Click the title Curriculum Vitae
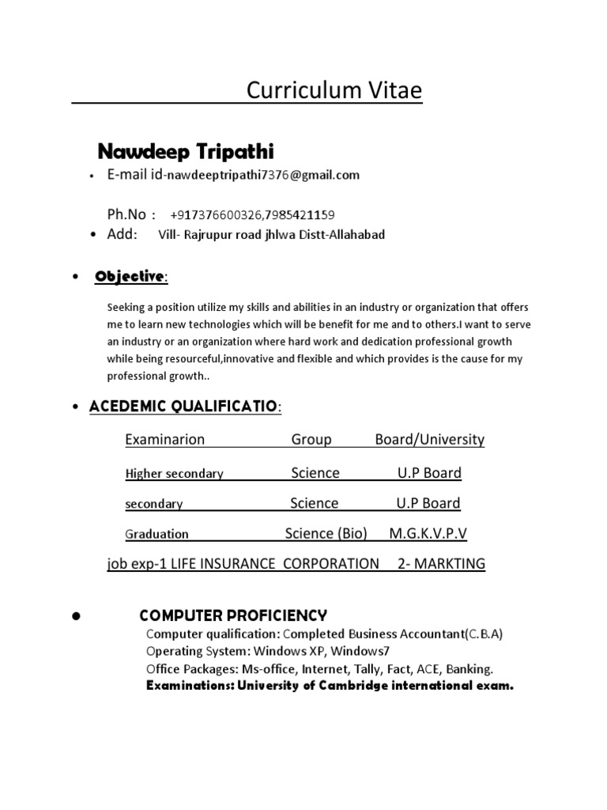point(334,92)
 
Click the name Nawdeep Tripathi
point(186,151)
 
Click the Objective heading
point(130,277)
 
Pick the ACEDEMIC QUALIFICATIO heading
point(183,406)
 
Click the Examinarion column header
point(164,440)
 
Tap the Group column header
point(311,440)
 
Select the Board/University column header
point(430,440)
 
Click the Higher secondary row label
point(175,474)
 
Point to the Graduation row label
point(156,534)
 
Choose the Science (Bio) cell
point(326,533)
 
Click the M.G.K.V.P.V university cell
point(428,533)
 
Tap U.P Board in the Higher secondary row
point(429,473)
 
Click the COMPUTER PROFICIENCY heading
point(233,615)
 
